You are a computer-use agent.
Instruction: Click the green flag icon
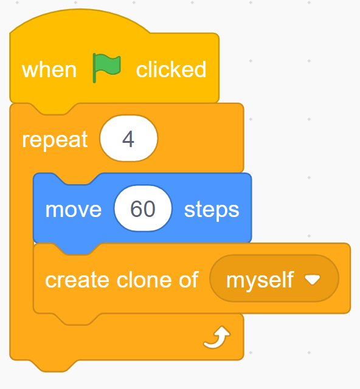107,67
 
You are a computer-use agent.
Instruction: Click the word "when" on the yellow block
49,70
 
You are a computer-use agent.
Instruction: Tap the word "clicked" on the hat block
171,69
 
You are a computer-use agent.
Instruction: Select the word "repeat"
55,140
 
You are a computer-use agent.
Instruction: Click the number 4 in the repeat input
128,139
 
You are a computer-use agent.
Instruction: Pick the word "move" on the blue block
73,210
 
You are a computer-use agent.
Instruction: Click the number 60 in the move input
143,209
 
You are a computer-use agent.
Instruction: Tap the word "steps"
212,210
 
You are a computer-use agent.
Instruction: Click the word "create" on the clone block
77,280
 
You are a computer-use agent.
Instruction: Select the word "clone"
145,280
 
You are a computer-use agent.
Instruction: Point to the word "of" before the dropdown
189,280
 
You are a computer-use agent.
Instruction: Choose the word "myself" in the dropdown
260,280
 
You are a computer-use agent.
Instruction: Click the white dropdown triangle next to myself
313,280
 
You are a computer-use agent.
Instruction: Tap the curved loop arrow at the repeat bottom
217,337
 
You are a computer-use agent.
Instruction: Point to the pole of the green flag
94,68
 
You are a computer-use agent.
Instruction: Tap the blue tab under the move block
77,249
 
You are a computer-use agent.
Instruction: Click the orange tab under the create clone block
77,319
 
